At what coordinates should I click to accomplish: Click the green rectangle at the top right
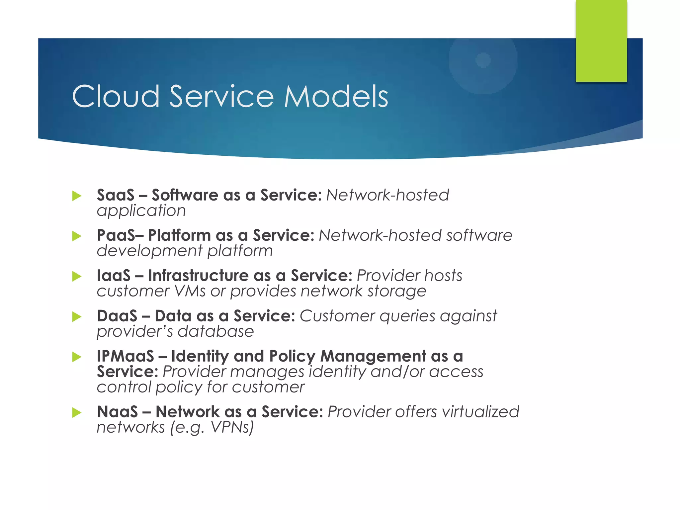click(601, 41)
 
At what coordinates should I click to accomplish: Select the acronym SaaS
click(116, 195)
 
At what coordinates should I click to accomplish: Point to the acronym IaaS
click(114, 276)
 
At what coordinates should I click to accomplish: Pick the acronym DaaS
click(117, 316)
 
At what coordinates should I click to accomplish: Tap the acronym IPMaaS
click(126, 356)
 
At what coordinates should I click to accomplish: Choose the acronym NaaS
click(117, 412)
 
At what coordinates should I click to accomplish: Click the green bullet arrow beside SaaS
click(77, 196)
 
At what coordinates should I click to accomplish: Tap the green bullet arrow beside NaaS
click(77, 413)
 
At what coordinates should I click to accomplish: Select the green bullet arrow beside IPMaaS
click(77, 357)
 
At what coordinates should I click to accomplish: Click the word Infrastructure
click(198, 276)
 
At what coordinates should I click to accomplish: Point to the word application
click(141, 211)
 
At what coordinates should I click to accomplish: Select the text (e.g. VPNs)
click(212, 428)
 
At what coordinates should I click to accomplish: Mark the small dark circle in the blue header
click(483, 60)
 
